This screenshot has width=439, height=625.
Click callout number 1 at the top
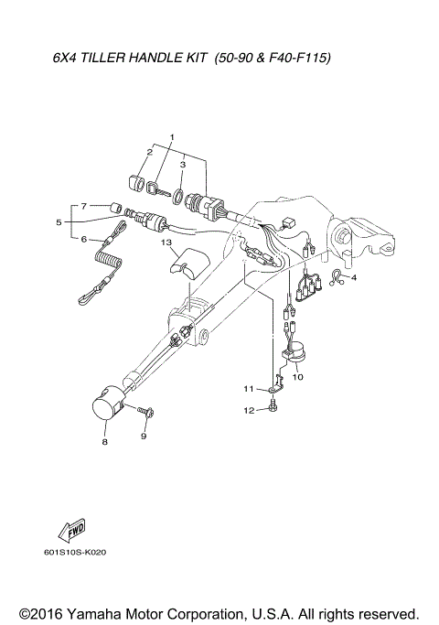click(x=171, y=136)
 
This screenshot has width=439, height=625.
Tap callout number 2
click(x=149, y=152)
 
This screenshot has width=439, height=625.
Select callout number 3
click(x=183, y=165)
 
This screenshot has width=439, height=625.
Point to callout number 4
click(x=355, y=277)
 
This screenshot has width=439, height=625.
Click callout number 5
click(x=59, y=221)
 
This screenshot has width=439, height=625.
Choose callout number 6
click(x=83, y=240)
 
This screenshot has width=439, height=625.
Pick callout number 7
click(x=83, y=206)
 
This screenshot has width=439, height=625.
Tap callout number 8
click(x=104, y=441)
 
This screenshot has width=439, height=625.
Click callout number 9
click(x=144, y=436)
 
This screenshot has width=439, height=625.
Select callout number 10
click(x=298, y=376)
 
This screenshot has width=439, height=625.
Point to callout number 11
click(x=247, y=390)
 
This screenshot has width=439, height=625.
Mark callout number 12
click(x=247, y=411)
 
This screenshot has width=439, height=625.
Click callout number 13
click(x=167, y=243)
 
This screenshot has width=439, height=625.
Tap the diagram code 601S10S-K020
click(x=75, y=552)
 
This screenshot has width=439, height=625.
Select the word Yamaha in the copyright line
click(x=102, y=612)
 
